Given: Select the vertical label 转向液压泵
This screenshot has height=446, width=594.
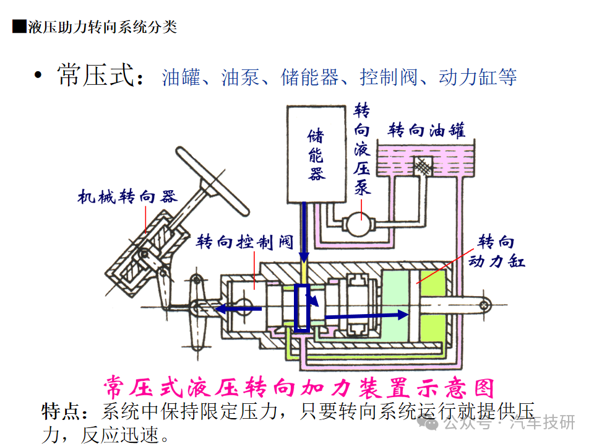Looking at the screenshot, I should tap(362, 149).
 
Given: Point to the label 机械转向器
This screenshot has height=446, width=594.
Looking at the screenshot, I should tap(127, 197).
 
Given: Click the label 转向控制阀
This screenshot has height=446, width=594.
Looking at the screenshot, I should tap(244, 242).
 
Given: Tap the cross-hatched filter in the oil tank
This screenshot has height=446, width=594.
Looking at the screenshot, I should tap(423, 165).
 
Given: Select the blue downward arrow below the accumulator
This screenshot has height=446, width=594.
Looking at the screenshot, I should tap(304, 235).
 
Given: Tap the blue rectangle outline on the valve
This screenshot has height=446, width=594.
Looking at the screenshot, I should tap(303, 308).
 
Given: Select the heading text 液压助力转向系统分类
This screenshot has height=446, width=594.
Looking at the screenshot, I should tap(103, 27).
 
